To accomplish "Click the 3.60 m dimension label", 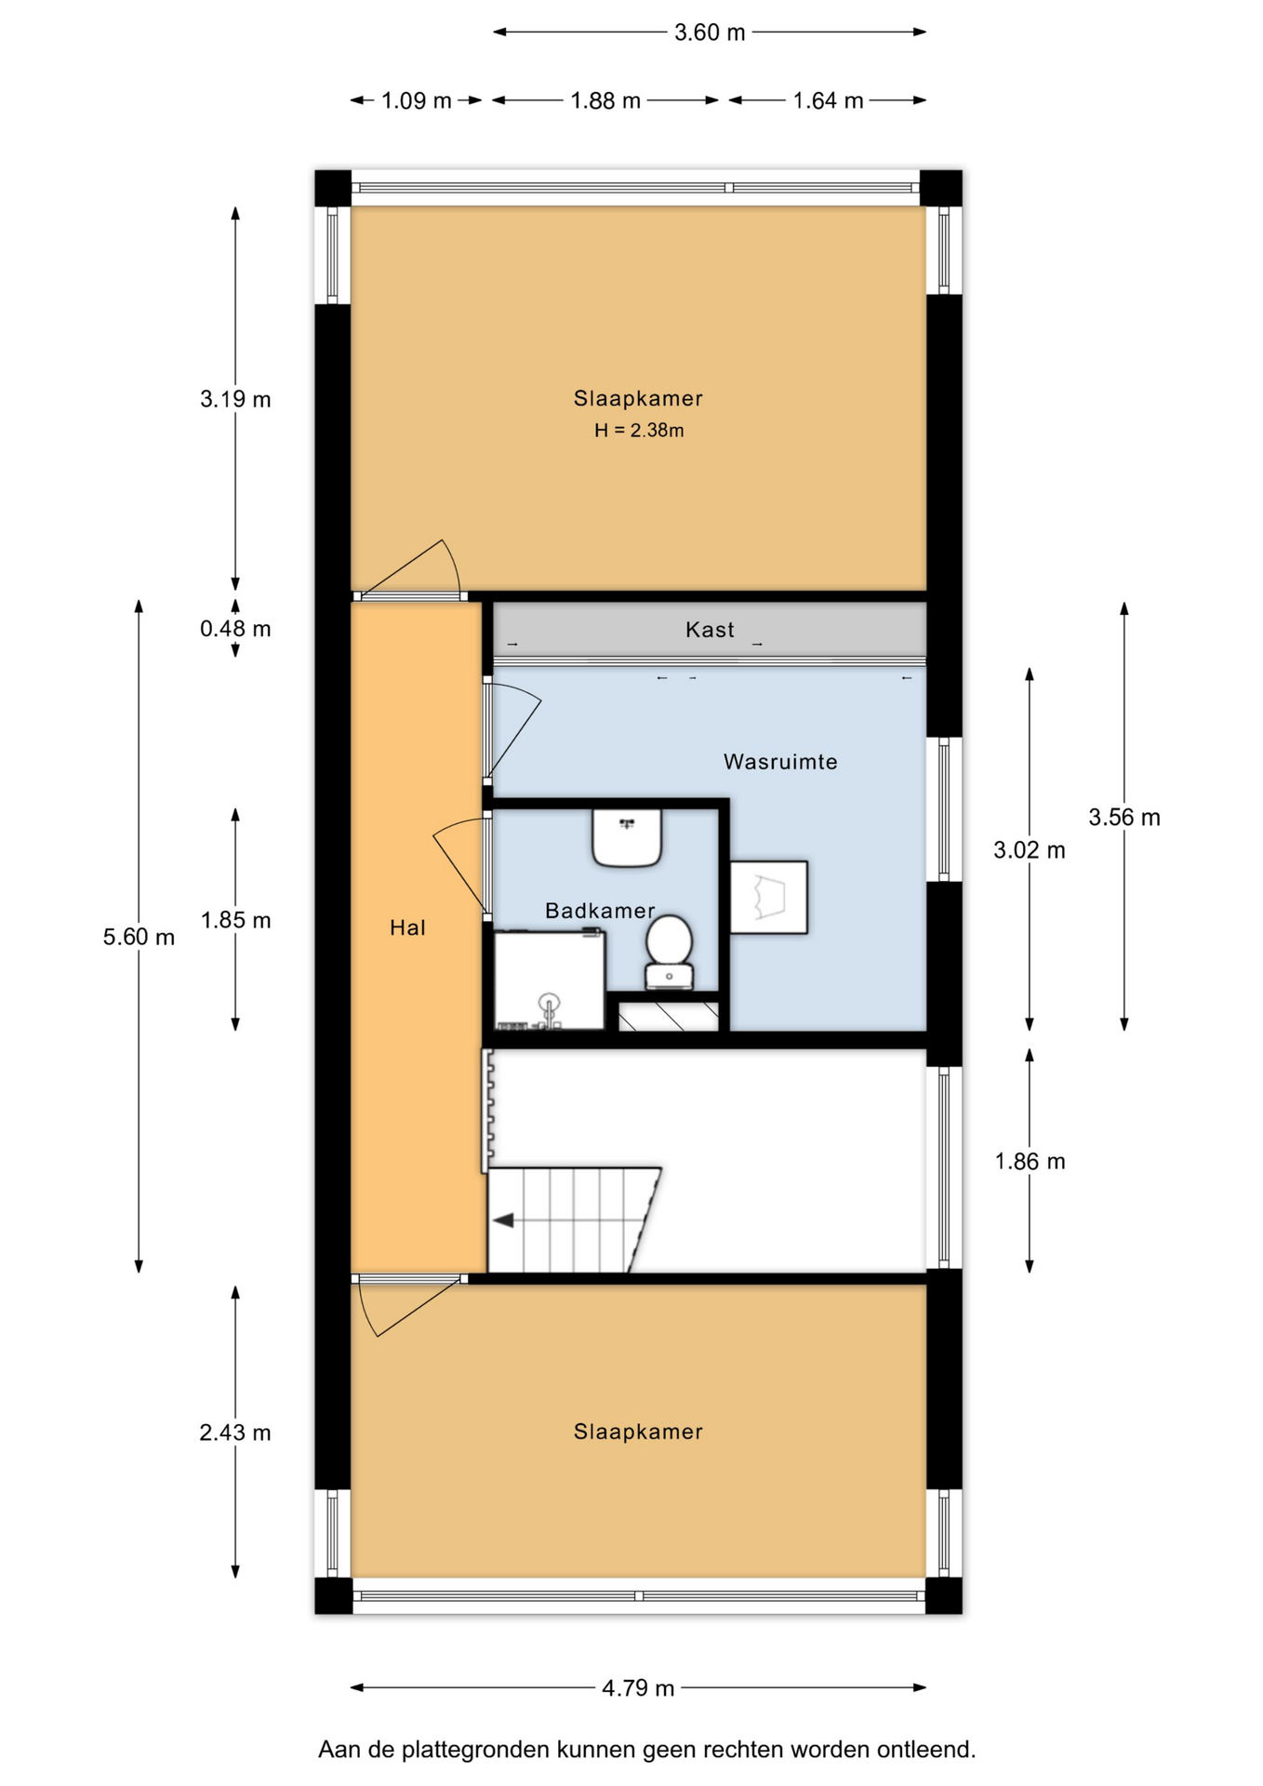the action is (x=710, y=33).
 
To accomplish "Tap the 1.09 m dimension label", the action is (x=416, y=100).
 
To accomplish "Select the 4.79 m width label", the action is (x=638, y=1687).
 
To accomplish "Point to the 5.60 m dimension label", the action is (x=139, y=937).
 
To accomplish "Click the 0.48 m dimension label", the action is (x=235, y=629).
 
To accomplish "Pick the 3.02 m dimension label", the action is (x=1030, y=849).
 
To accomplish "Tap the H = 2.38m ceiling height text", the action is (x=639, y=431).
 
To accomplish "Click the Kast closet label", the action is (x=710, y=630).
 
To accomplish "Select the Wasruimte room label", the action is (x=780, y=762).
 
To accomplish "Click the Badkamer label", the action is (x=600, y=911).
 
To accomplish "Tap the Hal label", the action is (x=407, y=927).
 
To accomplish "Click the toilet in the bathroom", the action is (x=669, y=952).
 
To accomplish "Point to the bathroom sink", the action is (x=627, y=837).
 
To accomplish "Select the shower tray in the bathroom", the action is (x=550, y=980).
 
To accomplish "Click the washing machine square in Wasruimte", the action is (x=768, y=898).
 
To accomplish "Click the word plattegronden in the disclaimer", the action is (x=475, y=1750).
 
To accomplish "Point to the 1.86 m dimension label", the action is (x=1030, y=1161).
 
